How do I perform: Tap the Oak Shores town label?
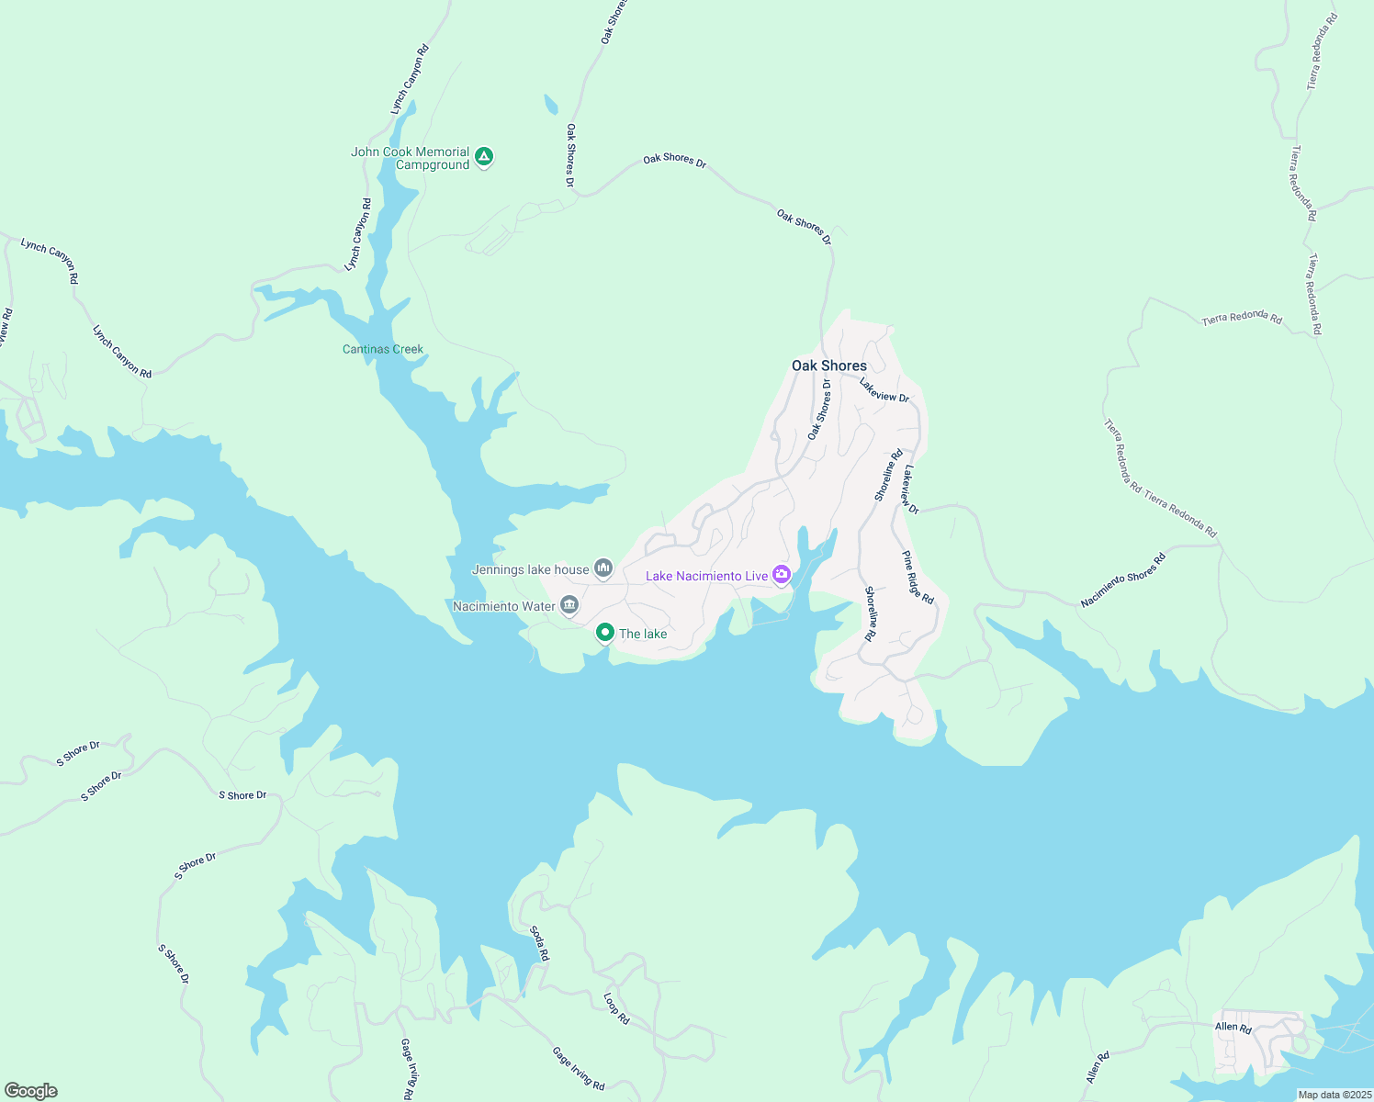[829, 365]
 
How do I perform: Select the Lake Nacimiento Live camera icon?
[782, 575]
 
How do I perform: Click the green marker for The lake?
[605, 632]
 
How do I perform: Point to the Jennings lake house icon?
[603, 568]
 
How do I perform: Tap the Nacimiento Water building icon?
[569, 605]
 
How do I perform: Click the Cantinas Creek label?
[383, 349]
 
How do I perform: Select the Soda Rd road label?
[539, 943]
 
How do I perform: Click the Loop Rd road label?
[616, 1008]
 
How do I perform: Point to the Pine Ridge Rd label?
[918, 578]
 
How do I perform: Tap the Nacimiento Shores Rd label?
[1123, 579]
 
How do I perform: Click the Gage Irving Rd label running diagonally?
[579, 1068]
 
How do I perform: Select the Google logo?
[31, 1091]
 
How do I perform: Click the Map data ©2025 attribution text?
[1334, 1095]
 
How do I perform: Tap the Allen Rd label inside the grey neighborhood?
[1233, 1028]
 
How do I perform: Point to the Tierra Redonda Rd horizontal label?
[1242, 318]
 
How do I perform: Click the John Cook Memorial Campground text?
[411, 158]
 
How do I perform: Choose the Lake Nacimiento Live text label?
[706, 576]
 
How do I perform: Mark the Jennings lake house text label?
[530, 569]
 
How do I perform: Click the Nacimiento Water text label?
[504, 606]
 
